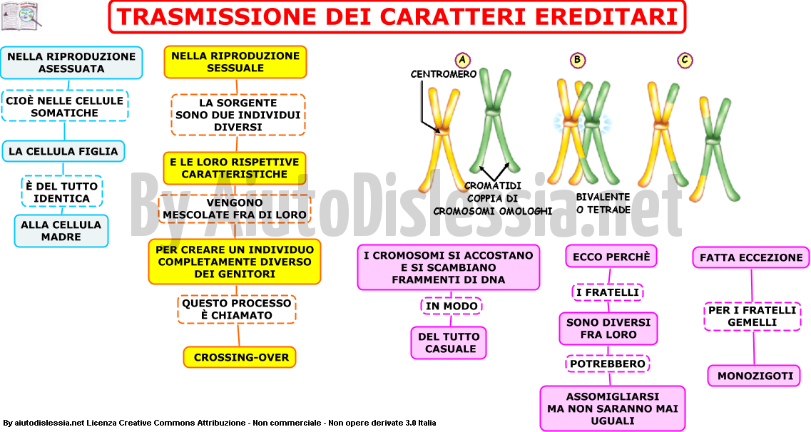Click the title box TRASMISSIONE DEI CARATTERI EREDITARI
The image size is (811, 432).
point(397,16)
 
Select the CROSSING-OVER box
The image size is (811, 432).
point(240,357)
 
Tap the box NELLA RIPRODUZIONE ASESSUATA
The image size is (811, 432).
point(71,63)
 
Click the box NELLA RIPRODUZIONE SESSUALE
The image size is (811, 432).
point(235,62)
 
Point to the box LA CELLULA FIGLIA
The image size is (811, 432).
point(63,151)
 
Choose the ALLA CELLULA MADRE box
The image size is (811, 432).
point(61,230)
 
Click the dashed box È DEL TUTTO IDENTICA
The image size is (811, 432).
point(61,192)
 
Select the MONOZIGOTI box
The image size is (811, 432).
point(755,376)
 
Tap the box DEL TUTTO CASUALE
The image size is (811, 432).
point(449,343)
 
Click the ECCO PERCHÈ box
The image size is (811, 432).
point(611,257)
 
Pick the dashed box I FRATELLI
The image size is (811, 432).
point(607,292)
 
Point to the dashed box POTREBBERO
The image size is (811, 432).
point(608,364)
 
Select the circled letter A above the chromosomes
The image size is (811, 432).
point(462,60)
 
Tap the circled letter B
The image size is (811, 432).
point(577,60)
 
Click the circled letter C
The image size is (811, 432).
point(685,60)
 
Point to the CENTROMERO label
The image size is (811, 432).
point(443,74)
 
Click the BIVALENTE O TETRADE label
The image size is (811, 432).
point(603,203)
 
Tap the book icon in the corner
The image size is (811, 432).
point(21,16)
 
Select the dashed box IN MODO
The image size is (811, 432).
point(451,306)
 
